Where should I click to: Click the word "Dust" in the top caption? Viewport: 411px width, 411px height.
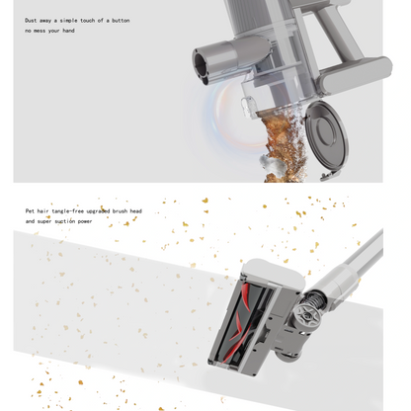point(33,20)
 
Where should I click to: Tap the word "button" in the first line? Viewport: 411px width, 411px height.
point(121,20)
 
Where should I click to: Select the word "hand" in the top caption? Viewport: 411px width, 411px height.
point(67,31)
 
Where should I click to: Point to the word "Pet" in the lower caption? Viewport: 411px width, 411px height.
point(31,210)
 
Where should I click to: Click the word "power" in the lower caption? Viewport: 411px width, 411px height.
point(103,221)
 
